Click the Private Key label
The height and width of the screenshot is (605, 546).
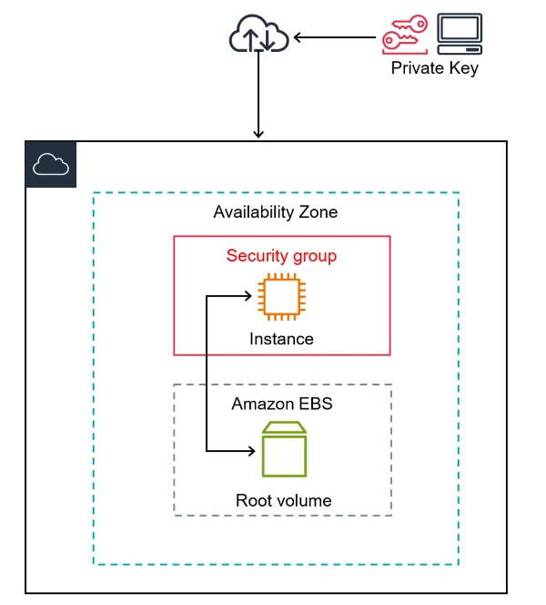434,68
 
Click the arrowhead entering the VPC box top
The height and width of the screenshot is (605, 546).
258,134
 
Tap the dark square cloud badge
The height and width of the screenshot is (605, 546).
51,164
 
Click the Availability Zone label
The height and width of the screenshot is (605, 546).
275,212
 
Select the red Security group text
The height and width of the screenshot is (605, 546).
281,256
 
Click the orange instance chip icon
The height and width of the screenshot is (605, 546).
280,296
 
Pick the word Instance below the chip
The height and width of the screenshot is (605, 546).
281,339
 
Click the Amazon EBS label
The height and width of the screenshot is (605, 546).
282,404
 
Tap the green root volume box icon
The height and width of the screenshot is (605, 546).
284,449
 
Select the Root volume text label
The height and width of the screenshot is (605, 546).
283,500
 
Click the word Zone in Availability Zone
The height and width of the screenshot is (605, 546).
318,212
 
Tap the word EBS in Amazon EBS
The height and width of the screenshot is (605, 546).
315,404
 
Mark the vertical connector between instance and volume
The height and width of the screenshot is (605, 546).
208,374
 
